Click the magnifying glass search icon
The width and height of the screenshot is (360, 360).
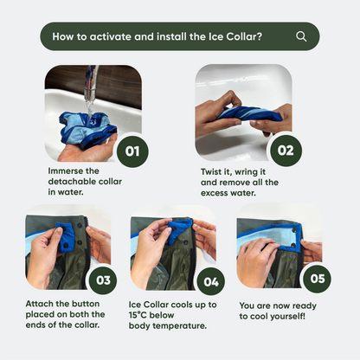click(301, 36)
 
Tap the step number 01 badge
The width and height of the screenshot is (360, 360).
click(132, 151)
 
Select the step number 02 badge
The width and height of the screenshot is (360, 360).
click(286, 151)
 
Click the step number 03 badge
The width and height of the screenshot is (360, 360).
click(103, 280)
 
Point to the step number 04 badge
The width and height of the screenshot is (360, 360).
click(211, 282)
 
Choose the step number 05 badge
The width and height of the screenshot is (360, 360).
click(318, 279)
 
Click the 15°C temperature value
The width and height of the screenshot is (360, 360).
click(138, 315)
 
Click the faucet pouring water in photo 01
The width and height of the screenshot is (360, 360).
click(93, 82)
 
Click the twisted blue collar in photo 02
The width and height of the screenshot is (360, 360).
click(248, 114)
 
